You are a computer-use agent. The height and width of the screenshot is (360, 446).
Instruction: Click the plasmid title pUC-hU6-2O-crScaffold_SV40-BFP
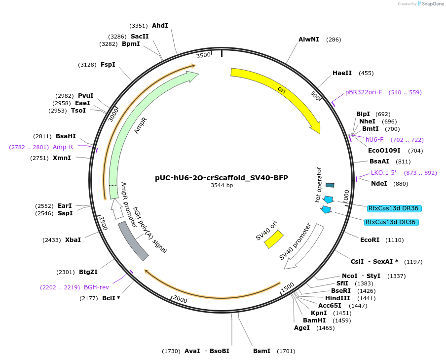(x=222, y=178)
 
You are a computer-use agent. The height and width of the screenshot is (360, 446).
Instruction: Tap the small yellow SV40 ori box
(x=273, y=239)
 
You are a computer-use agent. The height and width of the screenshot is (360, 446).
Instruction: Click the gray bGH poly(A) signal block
(x=133, y=240)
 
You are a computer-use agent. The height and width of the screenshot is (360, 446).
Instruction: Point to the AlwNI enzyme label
(x=309, y=40)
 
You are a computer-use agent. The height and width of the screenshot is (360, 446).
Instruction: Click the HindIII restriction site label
(x=337, y=298)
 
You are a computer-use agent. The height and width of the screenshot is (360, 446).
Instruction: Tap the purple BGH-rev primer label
(x=96, y=287)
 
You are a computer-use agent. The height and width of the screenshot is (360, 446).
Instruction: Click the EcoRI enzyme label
(x=370, y=240)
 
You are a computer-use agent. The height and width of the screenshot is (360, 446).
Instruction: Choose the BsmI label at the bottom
(x=261, y=351)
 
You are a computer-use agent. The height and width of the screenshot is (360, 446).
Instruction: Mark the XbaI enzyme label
(x=73, y=240)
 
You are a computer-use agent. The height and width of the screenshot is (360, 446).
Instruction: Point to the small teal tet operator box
(x=330, y=185)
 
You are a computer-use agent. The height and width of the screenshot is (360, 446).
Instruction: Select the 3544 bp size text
(x=222, y=186)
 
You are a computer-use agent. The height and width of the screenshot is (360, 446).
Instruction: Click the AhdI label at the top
(x=160, y=26)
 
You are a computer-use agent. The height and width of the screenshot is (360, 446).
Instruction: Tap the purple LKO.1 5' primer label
(x=383, y=173)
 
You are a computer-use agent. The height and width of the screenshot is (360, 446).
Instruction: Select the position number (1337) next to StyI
(x=397, y=276)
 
